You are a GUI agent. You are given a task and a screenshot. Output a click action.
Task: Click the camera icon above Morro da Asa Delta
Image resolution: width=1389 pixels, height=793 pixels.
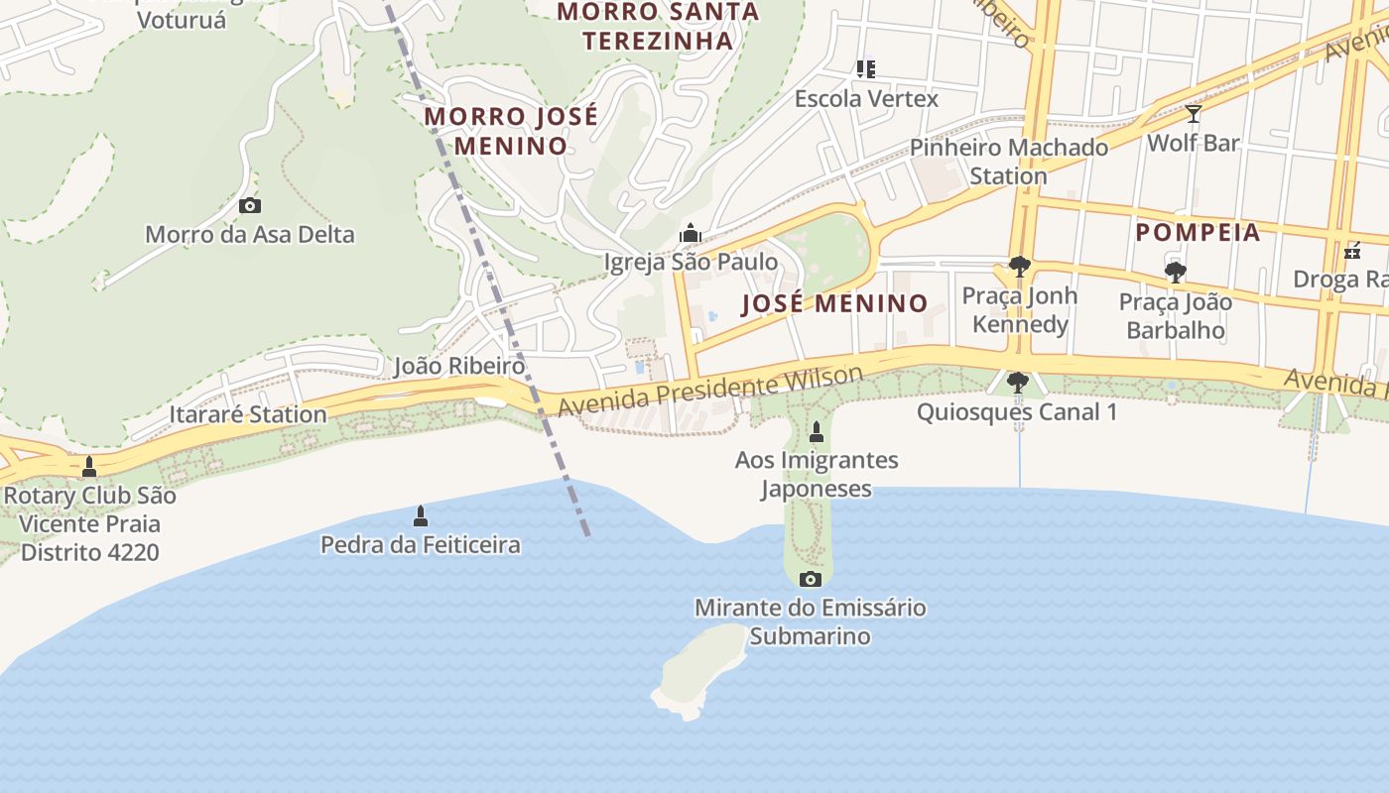(x=250, y=205)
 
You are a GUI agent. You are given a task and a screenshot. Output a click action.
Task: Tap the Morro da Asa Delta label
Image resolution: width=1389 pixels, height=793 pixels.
(x=250, y=235)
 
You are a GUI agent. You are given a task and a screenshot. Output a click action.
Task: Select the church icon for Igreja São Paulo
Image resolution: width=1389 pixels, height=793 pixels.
(x=691, y=234)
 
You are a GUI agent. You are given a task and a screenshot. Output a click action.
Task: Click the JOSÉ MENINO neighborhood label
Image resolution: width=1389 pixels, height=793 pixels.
(x=835, y=303)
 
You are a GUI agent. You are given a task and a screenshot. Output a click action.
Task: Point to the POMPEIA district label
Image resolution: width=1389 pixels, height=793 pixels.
(x=1198, y=233)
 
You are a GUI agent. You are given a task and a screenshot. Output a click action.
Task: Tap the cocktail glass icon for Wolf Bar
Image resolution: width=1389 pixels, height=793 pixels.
(x=1194, y=114)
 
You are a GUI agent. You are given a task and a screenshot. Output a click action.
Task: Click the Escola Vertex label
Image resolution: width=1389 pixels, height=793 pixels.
(x=866, y=99)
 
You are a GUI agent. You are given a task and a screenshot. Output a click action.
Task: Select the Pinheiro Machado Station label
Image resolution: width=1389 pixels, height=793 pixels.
(x=1009, y=162)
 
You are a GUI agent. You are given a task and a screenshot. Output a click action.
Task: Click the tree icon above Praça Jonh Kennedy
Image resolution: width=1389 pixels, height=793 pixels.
(x=1019, y=266)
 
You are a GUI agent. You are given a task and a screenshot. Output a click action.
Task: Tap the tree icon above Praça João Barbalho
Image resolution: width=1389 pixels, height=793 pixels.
(x=1176, y=272)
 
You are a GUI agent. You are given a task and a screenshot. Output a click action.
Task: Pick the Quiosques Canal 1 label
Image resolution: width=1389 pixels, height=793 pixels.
(x=1017, y=411)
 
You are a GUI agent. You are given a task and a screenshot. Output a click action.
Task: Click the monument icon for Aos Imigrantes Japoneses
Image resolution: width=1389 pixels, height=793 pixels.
(x=817, y=432)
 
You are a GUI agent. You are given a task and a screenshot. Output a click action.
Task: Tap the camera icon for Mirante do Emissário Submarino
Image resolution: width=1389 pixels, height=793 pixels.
(x=811, y=579)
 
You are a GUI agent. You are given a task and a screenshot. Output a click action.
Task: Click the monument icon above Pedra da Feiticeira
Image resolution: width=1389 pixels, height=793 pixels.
(x=421, y=515)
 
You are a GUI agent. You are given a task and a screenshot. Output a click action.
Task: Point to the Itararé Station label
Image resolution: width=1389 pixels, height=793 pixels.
(x=248, y=414)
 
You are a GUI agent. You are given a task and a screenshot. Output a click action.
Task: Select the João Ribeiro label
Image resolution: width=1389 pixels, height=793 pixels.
(x=458, y=366)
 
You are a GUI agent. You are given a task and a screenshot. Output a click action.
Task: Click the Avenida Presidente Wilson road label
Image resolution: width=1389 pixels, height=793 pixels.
(x=710, y=392)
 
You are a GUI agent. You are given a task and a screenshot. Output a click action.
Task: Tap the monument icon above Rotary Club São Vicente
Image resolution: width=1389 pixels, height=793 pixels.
(x=89, y=466)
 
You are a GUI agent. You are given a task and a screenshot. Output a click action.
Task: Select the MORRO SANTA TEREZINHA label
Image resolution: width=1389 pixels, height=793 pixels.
(x=658, y=27)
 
